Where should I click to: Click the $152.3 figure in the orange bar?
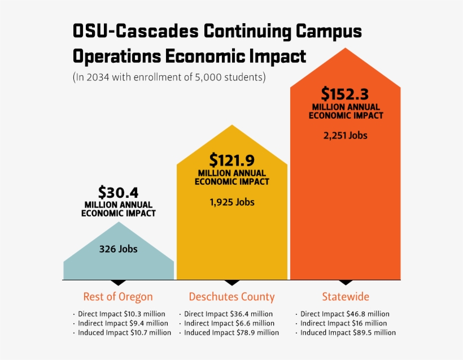point(346,93)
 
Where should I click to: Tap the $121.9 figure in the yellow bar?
point(232,160)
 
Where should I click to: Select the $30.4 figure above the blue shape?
point(118,192)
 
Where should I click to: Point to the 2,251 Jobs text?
point(346,135)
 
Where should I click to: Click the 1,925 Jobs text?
point(232,202)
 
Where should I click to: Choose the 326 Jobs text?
point(118,249)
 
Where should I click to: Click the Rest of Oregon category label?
point(118,297)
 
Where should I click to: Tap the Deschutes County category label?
point(232,297)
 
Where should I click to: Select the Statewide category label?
point(346,297)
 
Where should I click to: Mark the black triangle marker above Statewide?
point(346,282)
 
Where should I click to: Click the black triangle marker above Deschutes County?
point(232,282)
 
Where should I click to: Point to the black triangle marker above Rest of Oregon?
point(118,282)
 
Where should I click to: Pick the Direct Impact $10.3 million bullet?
point(119,314)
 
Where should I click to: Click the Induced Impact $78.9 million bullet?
point(229,333)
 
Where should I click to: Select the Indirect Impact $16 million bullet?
point(342,323)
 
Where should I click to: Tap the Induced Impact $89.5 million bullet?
point(346,333)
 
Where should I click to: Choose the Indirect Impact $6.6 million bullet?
point(227,323)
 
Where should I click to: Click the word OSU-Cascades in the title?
point(136,31)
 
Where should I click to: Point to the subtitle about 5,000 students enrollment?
point(169,77)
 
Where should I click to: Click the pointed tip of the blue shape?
point(119,223)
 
